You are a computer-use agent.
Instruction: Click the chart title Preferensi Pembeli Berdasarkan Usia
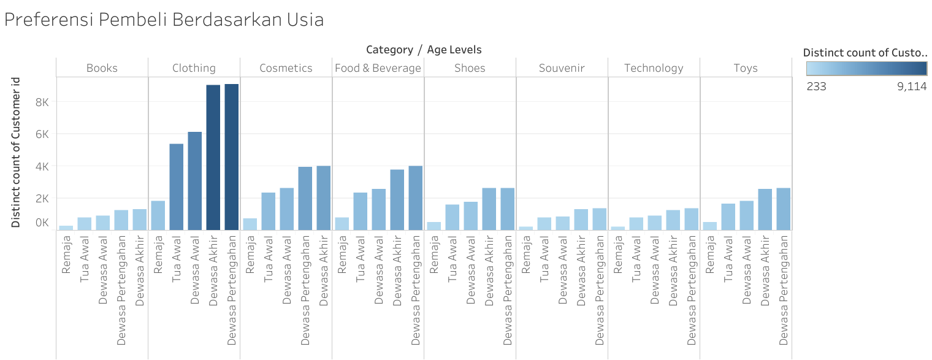click(x=164, y=20)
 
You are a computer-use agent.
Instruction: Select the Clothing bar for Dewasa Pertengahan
click(x=231, y=157)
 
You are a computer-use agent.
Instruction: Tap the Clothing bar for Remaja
click(x=158, y=215)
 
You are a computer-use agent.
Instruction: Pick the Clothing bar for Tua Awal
click(x=176, y=187)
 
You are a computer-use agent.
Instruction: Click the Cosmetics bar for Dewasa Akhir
click(x=323, y=198)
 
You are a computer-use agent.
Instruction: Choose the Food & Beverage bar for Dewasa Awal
click(x=378, y=209)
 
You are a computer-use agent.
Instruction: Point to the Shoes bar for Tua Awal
click(x=452, y=217)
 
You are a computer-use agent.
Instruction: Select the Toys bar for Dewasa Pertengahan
click(x=783, y=209)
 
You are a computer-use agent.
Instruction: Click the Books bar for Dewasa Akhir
click(x=139, y=220)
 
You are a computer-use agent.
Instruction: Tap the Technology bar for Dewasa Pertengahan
click(x=691, y=219)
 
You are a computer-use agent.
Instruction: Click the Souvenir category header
click(x=562, y=68)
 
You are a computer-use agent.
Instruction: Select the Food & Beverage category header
click(x=378, y=68)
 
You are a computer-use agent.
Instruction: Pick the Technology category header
click(x=654, y=68)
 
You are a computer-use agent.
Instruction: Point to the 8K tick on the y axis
click(x=41, y=101)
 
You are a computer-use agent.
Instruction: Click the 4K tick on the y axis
click(x=41, y=166)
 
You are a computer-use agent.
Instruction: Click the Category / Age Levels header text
click(x=424, y=50)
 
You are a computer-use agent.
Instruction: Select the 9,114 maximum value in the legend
click(x=912, y=86)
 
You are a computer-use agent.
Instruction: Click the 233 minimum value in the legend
click(x=816, y=86)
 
